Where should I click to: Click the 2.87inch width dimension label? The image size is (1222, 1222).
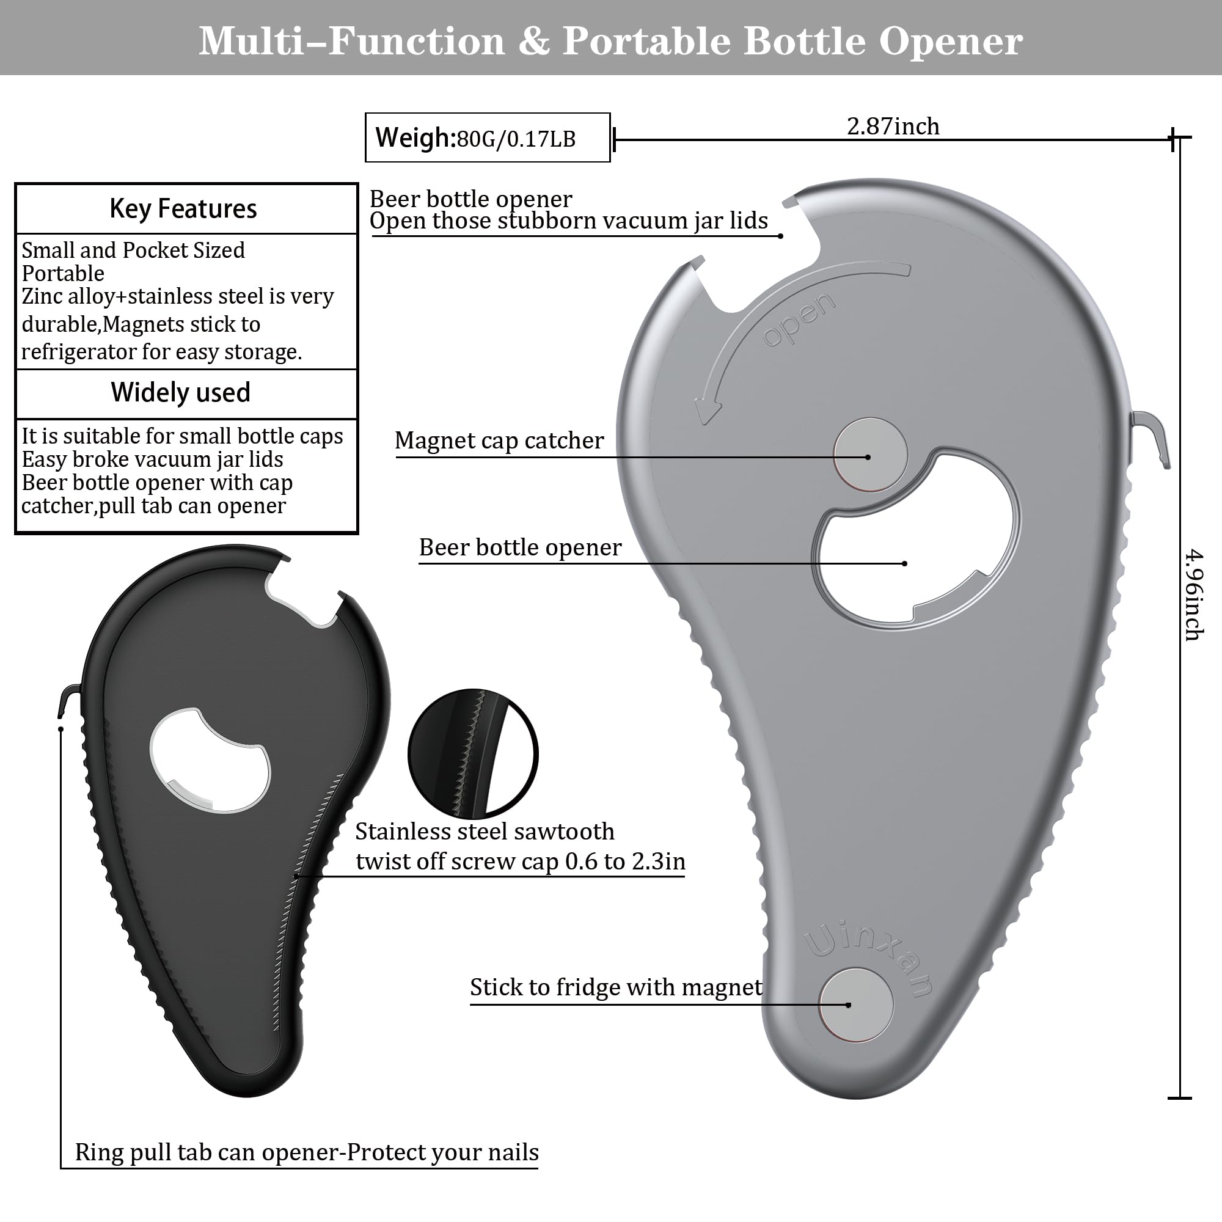(893, 126)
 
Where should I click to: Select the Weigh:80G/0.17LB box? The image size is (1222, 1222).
(488, 137)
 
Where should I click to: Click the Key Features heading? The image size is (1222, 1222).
(183, 209)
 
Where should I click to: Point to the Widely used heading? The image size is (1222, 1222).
(181, 392)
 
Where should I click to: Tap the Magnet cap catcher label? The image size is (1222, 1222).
(499, 440)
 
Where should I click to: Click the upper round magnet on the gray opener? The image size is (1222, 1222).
(870, 454)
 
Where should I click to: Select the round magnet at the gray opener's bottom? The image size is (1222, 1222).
(856, 1004)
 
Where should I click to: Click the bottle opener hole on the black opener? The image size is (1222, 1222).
(210, 759)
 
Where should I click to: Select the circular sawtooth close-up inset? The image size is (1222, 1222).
(473, 754)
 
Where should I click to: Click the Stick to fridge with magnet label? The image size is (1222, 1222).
(616, 987)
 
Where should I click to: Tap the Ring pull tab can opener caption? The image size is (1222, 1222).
(307, 1152)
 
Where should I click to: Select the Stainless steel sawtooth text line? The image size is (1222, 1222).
(485, 831)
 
